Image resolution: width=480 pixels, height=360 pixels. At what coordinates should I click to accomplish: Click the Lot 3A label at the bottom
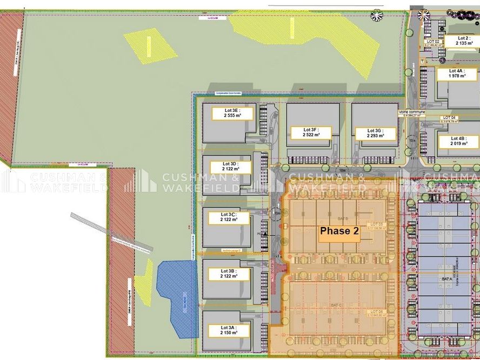228,330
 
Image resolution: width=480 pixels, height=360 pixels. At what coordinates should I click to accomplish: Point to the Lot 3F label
310,132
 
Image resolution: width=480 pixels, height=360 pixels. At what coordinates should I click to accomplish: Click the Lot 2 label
464,41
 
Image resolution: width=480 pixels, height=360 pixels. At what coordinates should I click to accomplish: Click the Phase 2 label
339,231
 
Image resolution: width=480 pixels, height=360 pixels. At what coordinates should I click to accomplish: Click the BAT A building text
446,278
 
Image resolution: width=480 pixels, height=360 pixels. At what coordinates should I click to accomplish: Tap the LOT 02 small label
434,42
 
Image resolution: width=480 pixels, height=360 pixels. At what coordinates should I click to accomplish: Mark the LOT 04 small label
450,117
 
